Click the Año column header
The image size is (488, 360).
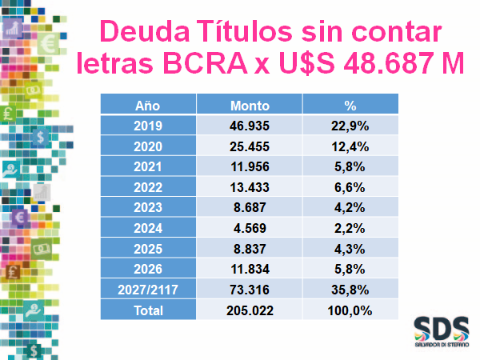[148, 106]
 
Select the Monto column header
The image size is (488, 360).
[250, 106]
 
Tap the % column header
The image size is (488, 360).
[350, 106]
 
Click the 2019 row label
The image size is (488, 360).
[149, 126]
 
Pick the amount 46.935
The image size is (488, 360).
[250, 126]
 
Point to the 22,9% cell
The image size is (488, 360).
[350, 126]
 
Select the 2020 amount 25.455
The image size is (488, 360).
[250, 146]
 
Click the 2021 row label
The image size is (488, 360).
[149, 167]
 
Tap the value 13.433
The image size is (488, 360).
[250, 187]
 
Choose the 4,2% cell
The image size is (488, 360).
[350, 208]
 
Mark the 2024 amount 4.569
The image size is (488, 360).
[250, 228]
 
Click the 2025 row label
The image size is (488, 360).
[149, 249]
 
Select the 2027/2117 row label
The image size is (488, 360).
[149, 290]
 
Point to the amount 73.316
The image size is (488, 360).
[250, 290]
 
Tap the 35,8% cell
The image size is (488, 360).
[350, 290]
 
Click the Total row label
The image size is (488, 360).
[149, 310]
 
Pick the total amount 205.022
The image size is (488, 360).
[250, 310]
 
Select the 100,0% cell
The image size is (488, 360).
[350, 310]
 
